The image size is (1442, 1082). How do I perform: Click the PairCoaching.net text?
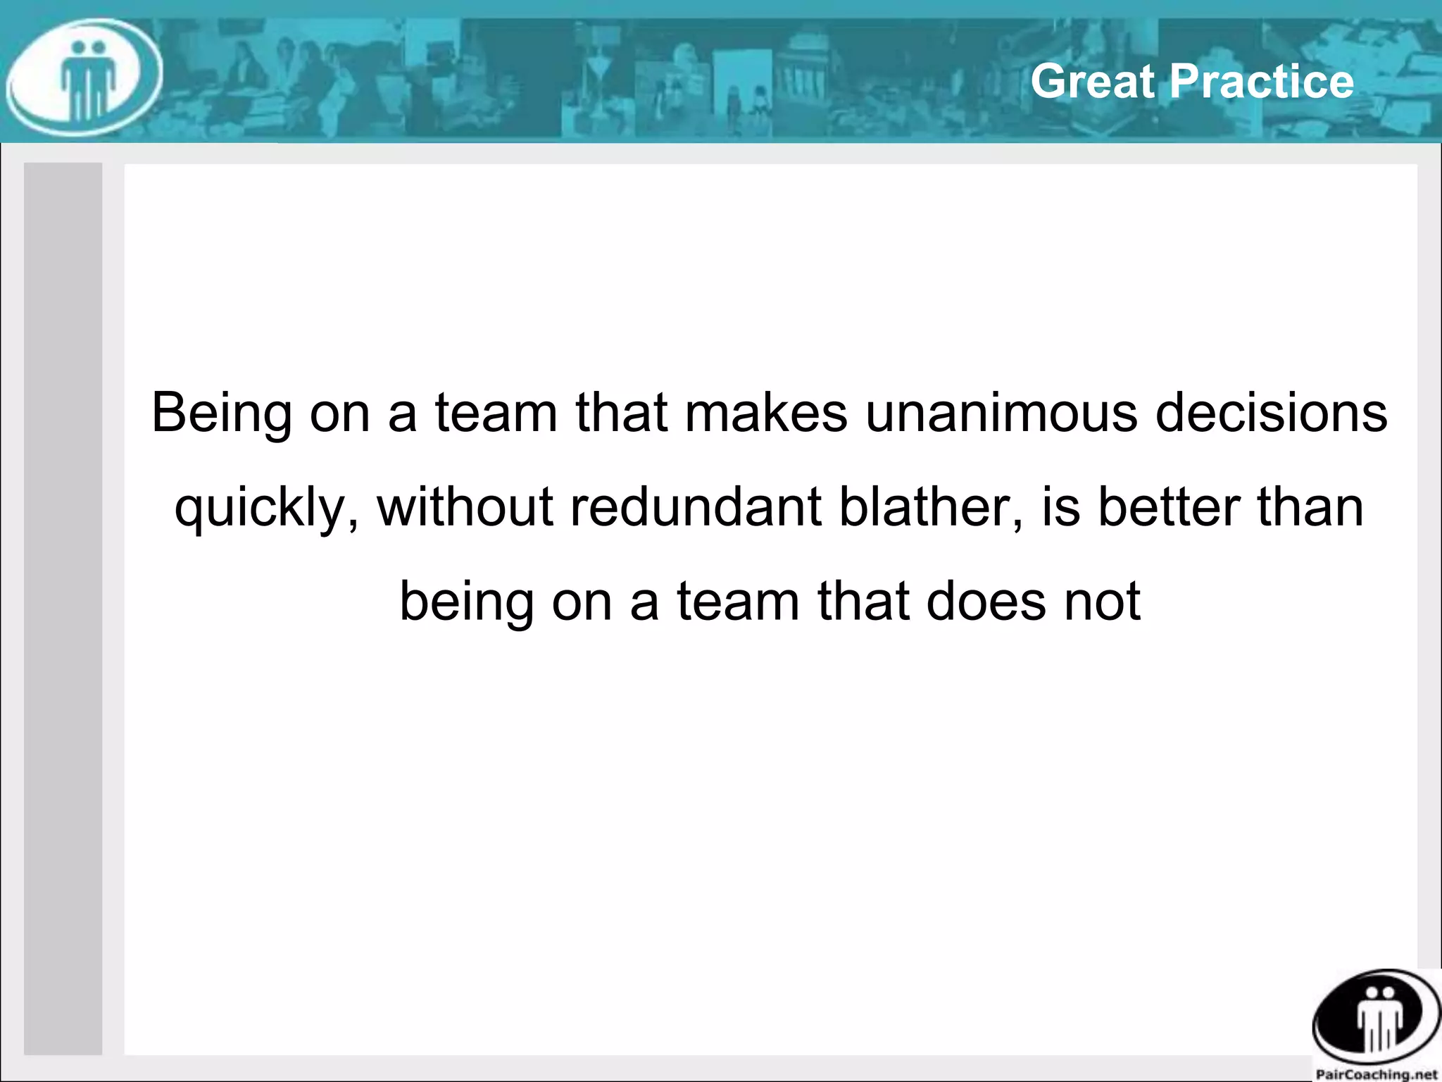pyautogui.click(x=1376, y=1074)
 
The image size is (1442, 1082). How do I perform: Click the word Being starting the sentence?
pyautogui.click(x=222, y=413)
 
